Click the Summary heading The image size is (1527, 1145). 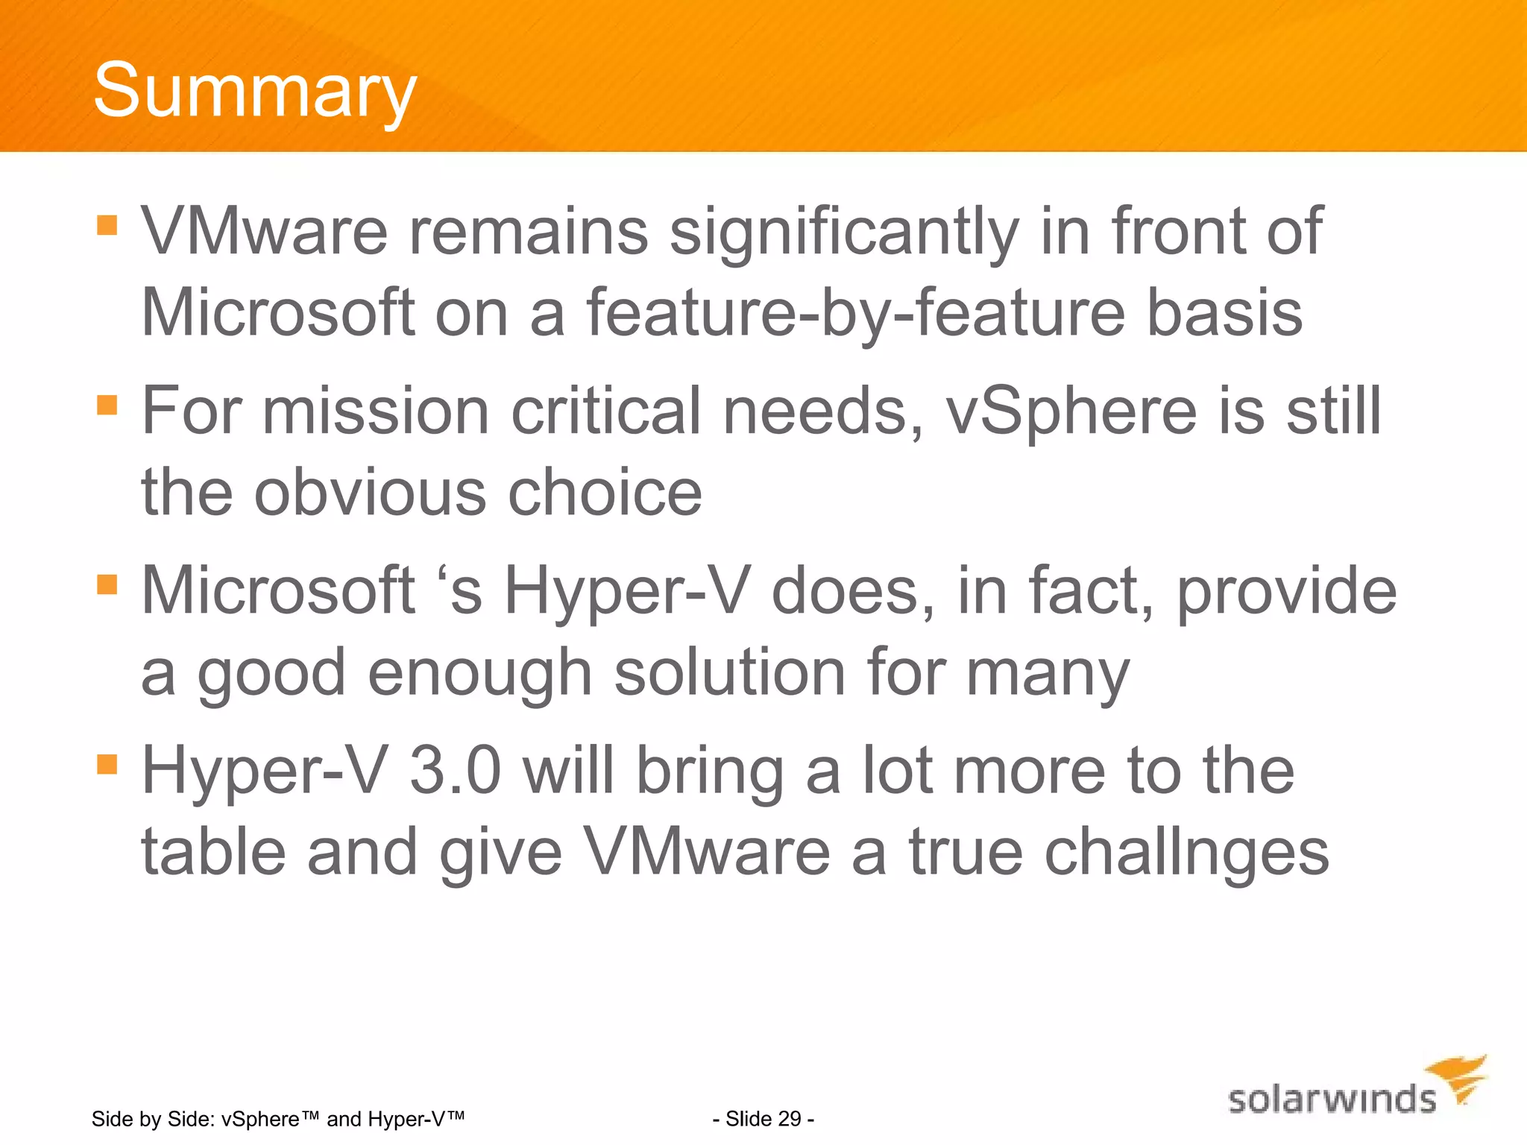pos(254,91)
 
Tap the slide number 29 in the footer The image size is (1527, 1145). pos(763,1118)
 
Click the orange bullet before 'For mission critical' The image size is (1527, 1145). pos(107,405)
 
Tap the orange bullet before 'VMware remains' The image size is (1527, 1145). pos(107,225)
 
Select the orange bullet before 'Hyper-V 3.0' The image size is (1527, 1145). pos(107,764)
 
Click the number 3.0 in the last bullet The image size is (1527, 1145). pos(455,772)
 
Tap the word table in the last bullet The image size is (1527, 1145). pos(214,853)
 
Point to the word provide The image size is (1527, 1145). pos(1286,592)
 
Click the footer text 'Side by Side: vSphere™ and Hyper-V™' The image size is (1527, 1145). pos(278,1118)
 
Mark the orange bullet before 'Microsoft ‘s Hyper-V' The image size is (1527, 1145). pos(107,584)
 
